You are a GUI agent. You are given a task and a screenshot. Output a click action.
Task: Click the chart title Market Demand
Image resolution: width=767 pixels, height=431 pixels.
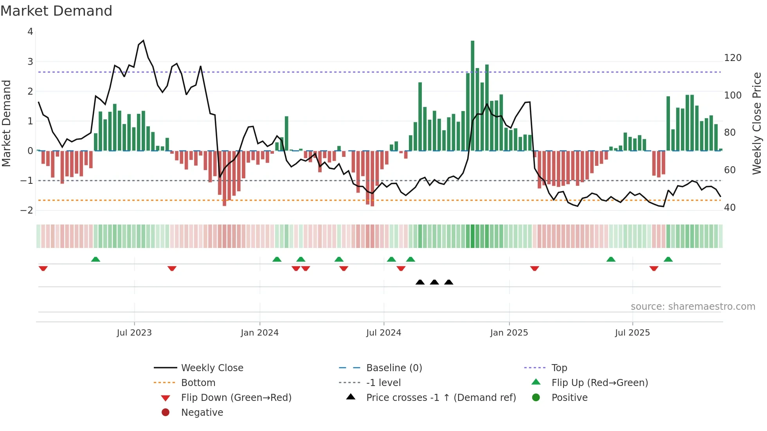[56, 11]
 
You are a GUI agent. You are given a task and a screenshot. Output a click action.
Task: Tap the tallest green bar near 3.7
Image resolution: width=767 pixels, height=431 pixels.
[472, 95]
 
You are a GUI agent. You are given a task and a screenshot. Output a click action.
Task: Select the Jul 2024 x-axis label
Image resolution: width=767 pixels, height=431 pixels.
[383, 333]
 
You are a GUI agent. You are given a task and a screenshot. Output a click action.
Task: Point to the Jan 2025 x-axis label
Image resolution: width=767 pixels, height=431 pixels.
[509, 333]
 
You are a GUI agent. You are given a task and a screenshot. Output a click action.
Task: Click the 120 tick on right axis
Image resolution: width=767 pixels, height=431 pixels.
[733, 58]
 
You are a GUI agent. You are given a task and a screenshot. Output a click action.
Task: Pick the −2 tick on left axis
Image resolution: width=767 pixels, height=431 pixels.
[27, 210]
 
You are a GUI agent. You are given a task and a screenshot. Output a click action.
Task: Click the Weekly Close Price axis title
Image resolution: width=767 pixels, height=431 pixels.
[757, 123]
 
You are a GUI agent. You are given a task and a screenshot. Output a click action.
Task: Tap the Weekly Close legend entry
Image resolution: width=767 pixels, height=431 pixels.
[212, 368]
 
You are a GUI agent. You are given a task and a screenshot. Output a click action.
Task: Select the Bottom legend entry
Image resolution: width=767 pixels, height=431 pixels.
[198, 383]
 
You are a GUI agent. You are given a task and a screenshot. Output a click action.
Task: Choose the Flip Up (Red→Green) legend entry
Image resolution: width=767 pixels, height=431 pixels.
[600, 383]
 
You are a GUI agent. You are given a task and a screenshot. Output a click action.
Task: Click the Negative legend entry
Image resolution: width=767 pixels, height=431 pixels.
[202, 413]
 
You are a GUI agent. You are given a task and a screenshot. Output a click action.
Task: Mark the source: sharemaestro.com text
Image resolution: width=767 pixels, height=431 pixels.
[693, 307]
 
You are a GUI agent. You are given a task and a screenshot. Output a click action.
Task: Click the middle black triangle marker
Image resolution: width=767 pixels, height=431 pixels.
[434, 282]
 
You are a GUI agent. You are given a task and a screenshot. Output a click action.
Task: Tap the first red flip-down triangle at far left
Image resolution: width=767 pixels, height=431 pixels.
[43, 268]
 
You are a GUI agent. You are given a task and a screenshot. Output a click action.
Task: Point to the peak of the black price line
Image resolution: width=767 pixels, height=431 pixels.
[143, 41]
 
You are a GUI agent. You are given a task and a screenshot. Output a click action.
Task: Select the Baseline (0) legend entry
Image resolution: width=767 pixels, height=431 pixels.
[394, 368]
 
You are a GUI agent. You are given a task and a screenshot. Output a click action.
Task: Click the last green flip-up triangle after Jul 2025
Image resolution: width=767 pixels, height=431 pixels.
[668, 259]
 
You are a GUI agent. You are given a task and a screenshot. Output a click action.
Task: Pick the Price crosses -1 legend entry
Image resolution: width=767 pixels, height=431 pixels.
[441, 398]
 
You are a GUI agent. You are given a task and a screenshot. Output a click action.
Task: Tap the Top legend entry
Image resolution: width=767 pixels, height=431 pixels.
[559, 368]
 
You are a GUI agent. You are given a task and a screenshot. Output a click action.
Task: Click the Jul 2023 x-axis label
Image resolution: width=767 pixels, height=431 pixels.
[134, 333]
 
